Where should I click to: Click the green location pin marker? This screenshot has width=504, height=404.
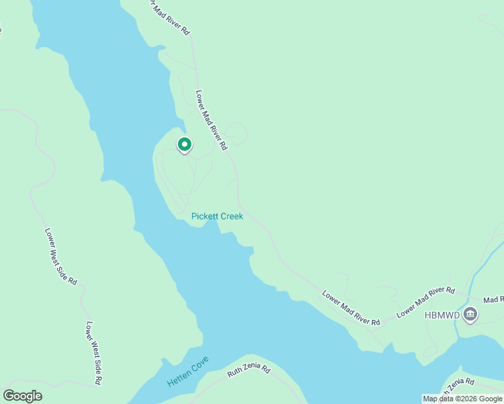184,145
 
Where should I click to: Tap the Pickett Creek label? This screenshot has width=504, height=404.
217,216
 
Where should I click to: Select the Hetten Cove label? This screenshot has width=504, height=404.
188,371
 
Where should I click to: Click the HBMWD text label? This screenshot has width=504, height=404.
443,314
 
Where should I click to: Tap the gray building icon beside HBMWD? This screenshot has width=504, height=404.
470,313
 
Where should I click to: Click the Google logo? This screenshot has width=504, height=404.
23,396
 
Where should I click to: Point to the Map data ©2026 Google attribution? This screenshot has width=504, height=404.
462,399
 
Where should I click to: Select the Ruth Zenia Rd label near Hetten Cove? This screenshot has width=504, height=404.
249,370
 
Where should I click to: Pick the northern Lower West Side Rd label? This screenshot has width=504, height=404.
61,257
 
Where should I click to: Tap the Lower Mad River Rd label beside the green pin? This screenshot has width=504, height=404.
211,120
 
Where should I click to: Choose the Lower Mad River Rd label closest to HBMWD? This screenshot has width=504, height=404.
426,302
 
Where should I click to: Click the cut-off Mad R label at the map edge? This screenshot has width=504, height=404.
493,299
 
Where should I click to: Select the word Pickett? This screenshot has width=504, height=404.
204,216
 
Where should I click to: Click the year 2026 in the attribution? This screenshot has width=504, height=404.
469,399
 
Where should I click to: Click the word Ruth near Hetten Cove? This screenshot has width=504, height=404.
234,373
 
